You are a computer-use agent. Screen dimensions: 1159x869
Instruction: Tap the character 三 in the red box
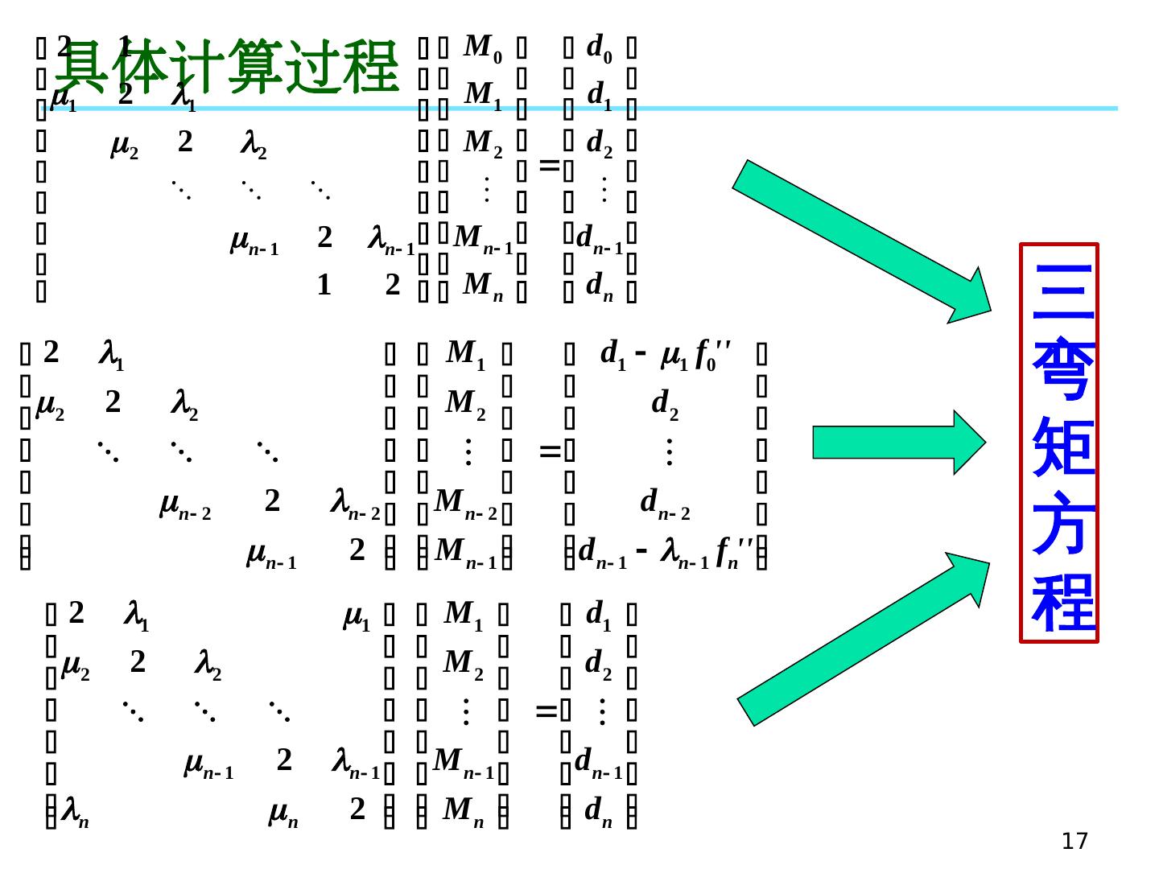[x=1059, y=291]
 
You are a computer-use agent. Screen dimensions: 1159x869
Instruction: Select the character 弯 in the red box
[x=1059, y=370]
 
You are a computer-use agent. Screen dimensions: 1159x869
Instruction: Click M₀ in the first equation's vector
[x=484, y=49]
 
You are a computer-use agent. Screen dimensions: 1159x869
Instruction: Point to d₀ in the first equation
[x=599, y=49]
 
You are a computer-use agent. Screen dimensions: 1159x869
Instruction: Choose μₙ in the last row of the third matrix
[x=283, y=811]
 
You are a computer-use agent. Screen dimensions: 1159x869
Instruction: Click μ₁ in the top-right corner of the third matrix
[x=357, y=618]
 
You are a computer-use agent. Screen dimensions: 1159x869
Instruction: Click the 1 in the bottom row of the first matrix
[x=324, y=285]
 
